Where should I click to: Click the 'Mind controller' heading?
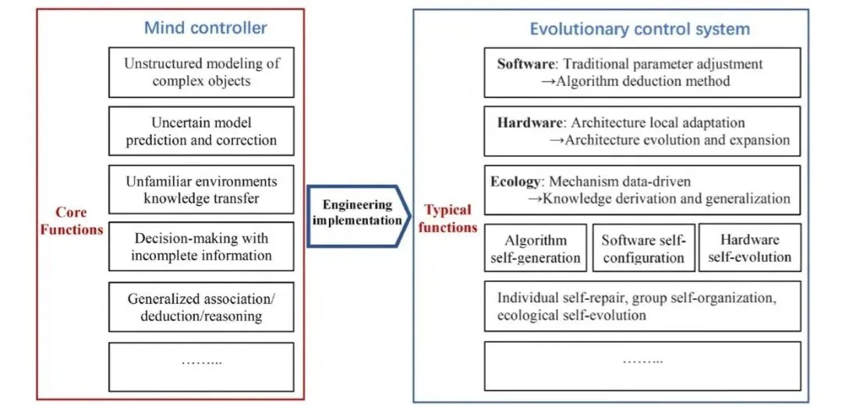206,28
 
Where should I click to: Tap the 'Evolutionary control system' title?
639,30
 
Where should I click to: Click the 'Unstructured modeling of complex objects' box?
202,72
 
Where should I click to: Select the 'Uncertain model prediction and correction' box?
202,132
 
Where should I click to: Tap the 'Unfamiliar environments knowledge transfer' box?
202,189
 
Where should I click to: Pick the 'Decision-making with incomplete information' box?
202,247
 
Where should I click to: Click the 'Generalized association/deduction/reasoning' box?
202,307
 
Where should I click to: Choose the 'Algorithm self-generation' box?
535,249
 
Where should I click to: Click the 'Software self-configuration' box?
642,249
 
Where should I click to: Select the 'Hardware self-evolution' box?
749,248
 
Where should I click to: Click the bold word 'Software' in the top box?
525,64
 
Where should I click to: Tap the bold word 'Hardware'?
529,122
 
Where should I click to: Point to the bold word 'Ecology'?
515,182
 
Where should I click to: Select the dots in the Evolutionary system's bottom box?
642,361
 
